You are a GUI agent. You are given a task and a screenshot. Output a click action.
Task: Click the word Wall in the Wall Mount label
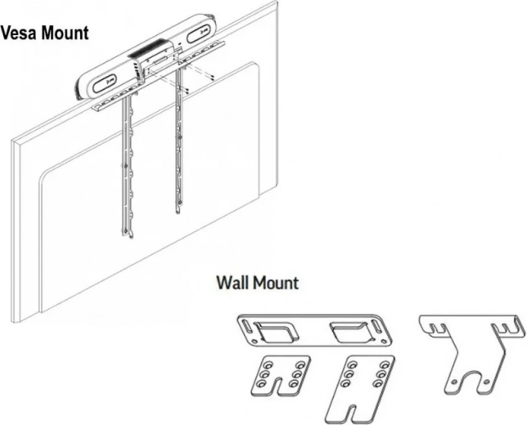point(233,284)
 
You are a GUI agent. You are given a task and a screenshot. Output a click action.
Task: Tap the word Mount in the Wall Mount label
point(276,284)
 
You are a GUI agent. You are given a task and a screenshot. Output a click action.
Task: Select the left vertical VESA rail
point(124,163)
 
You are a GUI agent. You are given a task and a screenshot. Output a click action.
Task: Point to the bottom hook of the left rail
point(125,234)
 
